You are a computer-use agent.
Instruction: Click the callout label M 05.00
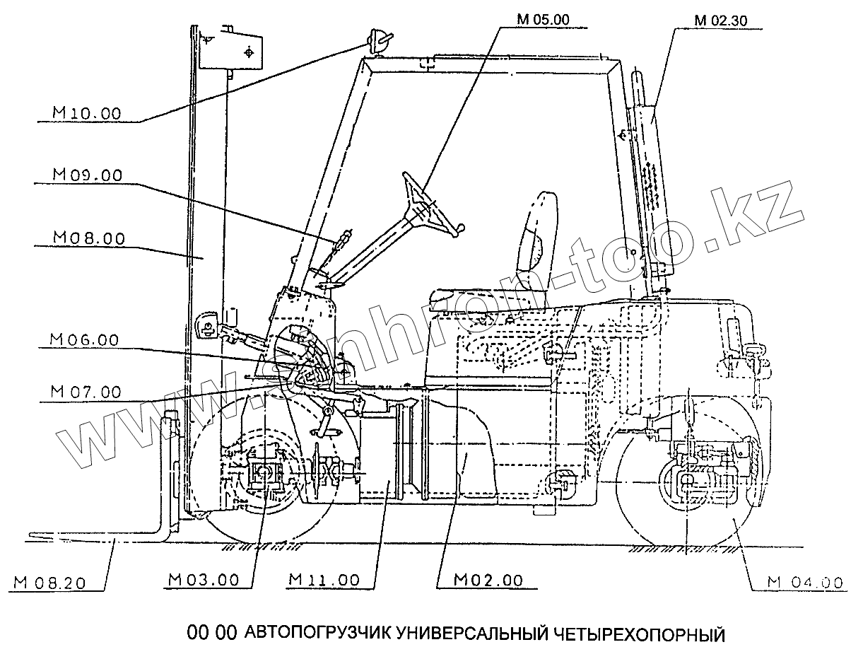tap(542, 20)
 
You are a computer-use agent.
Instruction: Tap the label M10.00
tap(87, 112)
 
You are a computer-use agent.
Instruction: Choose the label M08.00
tap(88, 238)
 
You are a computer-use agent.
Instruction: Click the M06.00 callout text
tap(85, 340)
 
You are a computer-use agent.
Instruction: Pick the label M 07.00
tap(86, 391)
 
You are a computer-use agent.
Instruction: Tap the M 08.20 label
tap(49, 583)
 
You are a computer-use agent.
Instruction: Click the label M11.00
tap(324, 580)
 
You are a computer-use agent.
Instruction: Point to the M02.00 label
tap(488, 580)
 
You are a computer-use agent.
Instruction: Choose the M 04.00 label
tap(806, 583)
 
